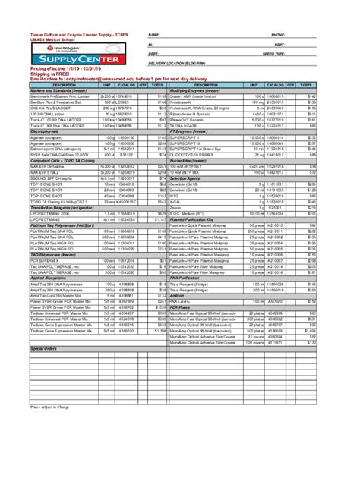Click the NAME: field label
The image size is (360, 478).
(x=153, y=36)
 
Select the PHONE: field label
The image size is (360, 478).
(x=277, y=36)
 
